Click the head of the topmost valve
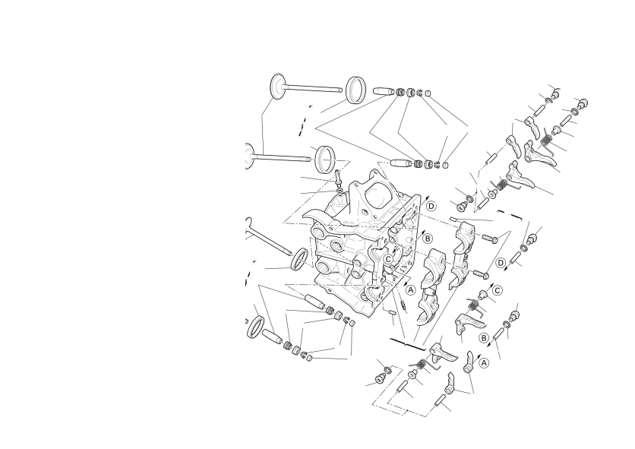click(277, 86)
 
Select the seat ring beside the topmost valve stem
click(356, 90)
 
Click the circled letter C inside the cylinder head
click(388, 259)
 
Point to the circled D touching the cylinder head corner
click(431, 206)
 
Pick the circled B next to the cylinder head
click(428, 239)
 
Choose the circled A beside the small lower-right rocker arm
click(484, 363)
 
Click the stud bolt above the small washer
click(337, 177)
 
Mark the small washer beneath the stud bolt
click(339, 190)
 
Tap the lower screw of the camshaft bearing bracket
click(481, 274)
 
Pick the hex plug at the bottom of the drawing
click(380, 378)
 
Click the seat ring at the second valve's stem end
click(327, 160)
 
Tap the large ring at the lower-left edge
click(255, 327)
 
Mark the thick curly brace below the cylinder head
click(407, 343)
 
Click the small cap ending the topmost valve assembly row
click(429, 93)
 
